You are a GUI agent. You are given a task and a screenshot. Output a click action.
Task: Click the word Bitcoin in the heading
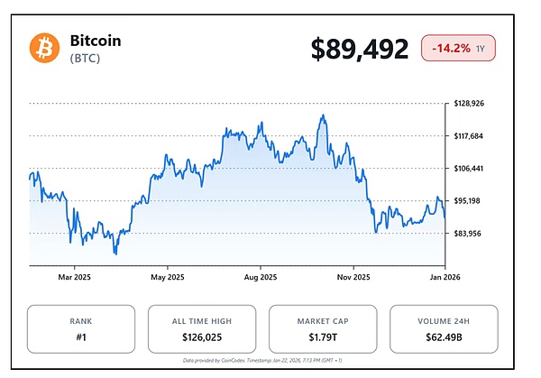(95, 41)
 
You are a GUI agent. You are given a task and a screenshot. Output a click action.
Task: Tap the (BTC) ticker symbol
(87, 59)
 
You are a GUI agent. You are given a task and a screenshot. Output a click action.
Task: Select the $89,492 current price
(360, 49)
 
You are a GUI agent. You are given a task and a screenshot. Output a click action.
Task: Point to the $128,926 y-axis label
(470, 104)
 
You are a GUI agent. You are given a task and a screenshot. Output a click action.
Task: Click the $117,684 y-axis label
(470, 136)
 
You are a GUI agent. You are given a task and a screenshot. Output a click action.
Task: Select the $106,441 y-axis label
(470, 169)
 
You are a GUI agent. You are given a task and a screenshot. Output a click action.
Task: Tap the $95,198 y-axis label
(468, 201)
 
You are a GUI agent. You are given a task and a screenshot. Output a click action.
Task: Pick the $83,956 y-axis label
(468, 234)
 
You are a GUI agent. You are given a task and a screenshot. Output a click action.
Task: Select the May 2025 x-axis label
(167, 277)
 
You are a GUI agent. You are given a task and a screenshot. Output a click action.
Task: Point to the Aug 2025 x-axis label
(260, 277)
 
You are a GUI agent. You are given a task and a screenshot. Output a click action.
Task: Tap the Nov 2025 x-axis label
(353, 277)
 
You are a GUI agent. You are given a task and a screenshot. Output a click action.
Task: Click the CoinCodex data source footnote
(262, 360)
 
